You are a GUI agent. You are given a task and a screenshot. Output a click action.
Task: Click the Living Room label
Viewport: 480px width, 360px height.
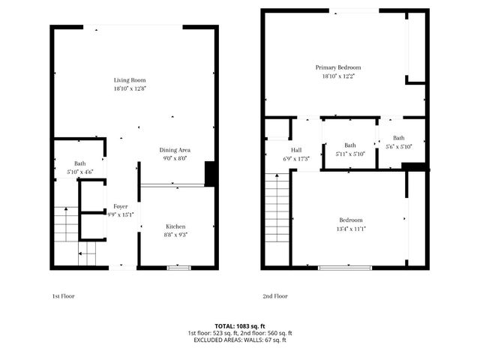click(x=130, y=80)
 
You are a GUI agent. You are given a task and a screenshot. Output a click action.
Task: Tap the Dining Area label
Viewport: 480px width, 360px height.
click(x=174, y=149)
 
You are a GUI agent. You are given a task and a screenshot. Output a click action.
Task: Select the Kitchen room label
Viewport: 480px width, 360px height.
click(x=175, y=226)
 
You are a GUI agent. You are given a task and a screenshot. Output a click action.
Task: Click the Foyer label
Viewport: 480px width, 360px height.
click(x=120, y=206)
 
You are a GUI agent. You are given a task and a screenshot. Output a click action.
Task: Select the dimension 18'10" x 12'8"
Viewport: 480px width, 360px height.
click(x=130, y=89)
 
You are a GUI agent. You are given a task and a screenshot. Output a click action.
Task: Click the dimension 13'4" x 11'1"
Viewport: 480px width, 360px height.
click(x=350, y=229)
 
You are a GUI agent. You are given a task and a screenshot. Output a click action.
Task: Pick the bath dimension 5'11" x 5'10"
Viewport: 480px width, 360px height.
click(x=349, y=154)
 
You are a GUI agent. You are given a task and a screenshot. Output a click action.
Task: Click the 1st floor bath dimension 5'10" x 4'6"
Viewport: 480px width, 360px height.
click(x=79, y=172)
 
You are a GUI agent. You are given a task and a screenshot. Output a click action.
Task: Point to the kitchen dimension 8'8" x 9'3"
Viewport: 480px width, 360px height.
click(x=175, y=235)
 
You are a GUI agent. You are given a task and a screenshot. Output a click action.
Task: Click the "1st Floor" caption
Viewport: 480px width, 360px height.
click(x=64, y=296)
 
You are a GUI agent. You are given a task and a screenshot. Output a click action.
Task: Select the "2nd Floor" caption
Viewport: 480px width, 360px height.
click(x=275, y=296)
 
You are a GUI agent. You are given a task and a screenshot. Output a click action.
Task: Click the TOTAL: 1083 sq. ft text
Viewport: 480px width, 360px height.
click(x=240, y=325)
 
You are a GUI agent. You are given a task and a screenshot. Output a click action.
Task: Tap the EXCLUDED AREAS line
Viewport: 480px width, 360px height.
click(x=240, y=340)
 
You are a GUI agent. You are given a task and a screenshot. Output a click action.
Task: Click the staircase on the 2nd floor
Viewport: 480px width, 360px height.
click(x=277, y=218)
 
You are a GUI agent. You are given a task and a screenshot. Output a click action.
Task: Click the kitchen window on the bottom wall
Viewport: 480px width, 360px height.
click(x=178, y=267)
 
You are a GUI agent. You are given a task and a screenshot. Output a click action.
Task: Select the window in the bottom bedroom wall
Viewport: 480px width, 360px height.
click(x=344, y=267)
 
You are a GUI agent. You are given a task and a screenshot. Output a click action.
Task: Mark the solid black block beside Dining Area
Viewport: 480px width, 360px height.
click(x=211, y=174)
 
